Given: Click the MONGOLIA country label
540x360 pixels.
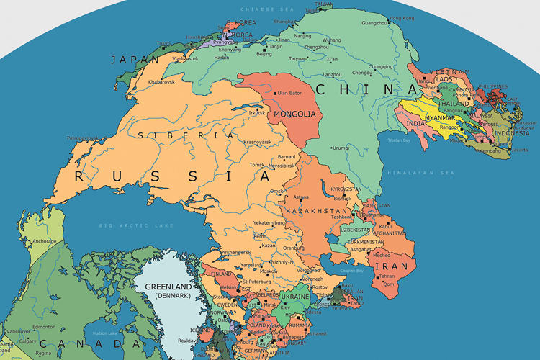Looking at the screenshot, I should click(x=293, y=114).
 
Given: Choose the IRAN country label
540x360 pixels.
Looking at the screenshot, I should click(x=390, y=266).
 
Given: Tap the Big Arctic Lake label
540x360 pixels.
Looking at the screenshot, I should click(x=137, y=226).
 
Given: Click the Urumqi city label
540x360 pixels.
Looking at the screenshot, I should click(x=341, y=148).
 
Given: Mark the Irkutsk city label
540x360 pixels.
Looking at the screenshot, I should click(x=256, y=112).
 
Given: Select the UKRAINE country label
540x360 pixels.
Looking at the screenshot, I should click(x=294, y=297).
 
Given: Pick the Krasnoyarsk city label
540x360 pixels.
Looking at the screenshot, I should click(x=257, y=142).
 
